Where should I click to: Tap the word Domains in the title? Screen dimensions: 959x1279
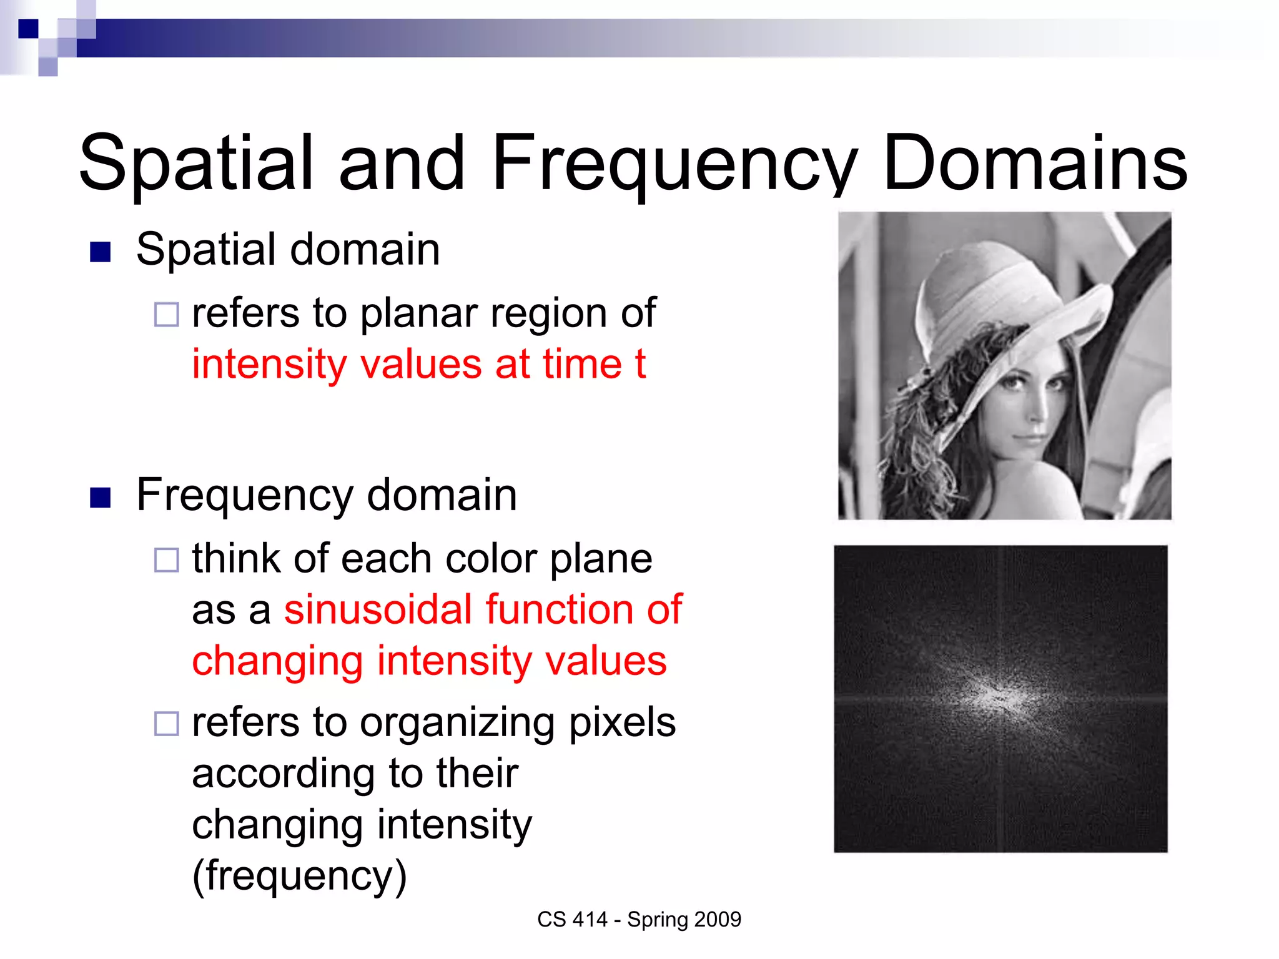[1034, 164]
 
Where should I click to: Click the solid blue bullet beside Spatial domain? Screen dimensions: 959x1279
[101, 252]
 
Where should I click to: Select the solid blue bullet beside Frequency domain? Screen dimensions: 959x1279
[101, 498]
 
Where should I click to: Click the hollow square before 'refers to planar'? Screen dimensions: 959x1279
[167, 315]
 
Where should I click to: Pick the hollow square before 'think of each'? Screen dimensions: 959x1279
[167, 560]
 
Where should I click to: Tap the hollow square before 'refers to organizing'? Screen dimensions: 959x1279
[167, 724]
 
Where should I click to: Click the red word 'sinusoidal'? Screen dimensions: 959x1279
[378, 609]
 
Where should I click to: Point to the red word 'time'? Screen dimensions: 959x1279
[581, 364]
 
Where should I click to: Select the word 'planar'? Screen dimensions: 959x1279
[418, 313]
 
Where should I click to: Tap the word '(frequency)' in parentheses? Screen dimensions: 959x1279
[300, 875]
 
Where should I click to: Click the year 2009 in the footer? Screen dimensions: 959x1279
[718, 920]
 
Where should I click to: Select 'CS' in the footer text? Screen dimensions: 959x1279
[551, 920]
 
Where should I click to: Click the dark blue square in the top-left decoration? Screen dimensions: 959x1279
[28, 29]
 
